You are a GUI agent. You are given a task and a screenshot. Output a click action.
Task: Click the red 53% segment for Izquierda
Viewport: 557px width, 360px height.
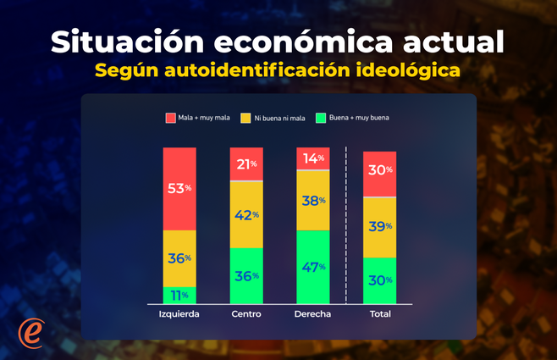(x=179, y=188)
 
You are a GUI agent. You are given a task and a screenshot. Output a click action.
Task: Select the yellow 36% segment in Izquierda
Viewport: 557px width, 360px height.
(x=179, y=258)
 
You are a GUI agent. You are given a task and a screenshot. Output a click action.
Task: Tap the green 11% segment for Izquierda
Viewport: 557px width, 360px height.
(x=179, y=295)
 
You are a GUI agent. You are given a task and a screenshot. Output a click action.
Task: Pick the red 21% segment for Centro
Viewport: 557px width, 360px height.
(x=246, y=163)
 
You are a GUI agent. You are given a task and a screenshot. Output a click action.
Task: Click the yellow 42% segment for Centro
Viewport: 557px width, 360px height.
(x=246, y=214)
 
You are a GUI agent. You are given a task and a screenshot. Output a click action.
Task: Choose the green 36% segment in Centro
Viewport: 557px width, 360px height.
(x=246, y=275)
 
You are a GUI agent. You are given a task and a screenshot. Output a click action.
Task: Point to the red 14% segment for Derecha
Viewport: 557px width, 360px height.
(x=312, y=158)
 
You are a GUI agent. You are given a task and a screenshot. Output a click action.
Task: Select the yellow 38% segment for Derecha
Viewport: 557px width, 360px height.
(x=312, y=200)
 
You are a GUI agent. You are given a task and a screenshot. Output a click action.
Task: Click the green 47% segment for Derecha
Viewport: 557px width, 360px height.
(x=312, y=266)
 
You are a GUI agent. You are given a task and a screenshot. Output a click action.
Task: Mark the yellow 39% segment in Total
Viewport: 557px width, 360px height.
(x=379, y=226)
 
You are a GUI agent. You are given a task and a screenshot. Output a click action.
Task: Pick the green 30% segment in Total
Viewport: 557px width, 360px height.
(x=379, y=280)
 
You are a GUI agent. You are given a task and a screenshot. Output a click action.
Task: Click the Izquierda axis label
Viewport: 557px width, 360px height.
(x=179, y=314)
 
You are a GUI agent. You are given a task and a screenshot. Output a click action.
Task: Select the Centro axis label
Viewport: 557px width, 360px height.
(x=245, y=314)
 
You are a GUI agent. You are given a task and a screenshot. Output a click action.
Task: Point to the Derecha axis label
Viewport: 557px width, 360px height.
(x=312, y=314)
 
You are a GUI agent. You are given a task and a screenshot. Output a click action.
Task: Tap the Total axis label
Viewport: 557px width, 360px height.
(x=379, y=314)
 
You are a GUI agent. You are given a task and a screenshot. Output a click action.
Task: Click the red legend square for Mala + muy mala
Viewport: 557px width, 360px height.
(x=170, y=118)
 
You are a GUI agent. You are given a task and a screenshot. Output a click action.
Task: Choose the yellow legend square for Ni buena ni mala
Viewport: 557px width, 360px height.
(x=246, y=118)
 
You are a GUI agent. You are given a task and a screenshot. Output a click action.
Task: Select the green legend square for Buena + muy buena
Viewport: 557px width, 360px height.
(x=320, y=118)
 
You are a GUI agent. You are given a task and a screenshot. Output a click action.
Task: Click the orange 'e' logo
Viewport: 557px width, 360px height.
(x=31, y=333)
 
